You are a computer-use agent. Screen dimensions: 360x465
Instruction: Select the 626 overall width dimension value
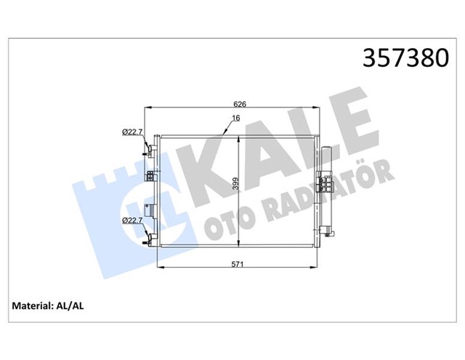tap(240, 103)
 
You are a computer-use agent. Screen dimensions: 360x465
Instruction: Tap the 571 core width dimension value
tap(237, 265)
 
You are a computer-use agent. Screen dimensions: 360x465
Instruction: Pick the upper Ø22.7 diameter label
tap(132, 132)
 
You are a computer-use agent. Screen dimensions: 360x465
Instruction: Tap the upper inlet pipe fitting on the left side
tap(151, 149)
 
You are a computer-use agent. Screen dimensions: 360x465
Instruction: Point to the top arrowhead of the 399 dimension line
tap(239, 137)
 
